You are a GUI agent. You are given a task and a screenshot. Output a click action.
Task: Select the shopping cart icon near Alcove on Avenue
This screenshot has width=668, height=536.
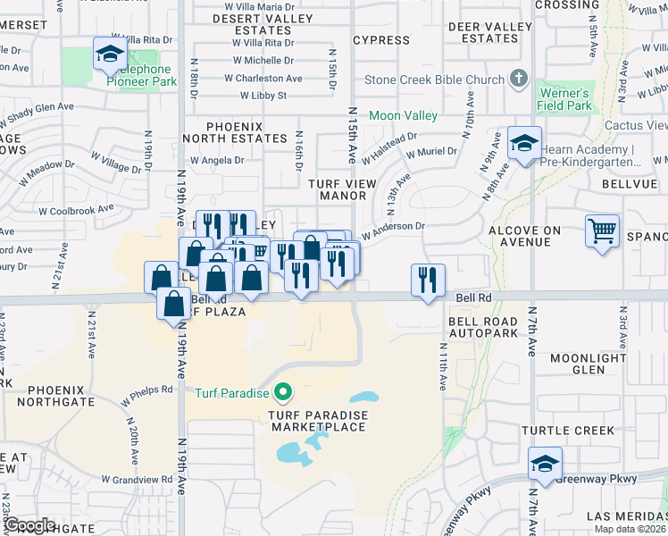(603, 230)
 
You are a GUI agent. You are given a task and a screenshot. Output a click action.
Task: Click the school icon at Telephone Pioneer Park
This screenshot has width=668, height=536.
(110, 54)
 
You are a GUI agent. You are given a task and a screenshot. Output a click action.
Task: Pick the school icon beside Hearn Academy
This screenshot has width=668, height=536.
(524, 143)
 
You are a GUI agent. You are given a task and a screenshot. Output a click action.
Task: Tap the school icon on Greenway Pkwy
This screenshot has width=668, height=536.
(545, 463)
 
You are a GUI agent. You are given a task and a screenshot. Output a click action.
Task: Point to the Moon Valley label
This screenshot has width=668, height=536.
(403, 115)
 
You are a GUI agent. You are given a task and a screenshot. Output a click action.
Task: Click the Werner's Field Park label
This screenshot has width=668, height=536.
(564, 99)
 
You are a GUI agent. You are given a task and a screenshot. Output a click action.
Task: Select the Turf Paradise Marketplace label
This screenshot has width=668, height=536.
(317, 421)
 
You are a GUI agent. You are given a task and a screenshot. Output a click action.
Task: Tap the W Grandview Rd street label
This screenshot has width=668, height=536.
(135, 479)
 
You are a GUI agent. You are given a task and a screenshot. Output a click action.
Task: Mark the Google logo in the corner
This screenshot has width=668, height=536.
(30, 525)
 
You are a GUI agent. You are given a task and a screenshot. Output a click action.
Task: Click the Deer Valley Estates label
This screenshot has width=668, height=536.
(489, 33)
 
